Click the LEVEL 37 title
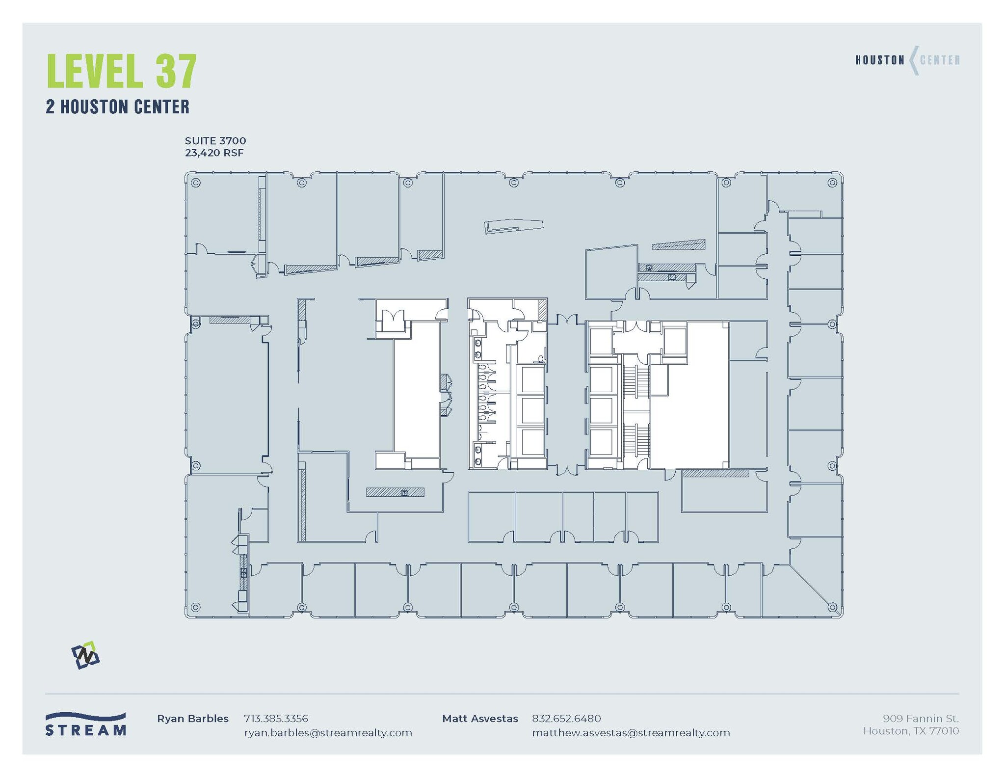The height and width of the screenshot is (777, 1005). coord(122,72)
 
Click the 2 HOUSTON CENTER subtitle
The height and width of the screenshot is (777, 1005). coord(117,107)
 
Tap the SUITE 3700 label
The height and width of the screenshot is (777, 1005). coord(215,141)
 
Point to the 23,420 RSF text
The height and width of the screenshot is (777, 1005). coord(214,153)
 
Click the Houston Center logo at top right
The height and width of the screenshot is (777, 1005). coord(907,60)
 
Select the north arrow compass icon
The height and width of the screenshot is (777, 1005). coord(85,655)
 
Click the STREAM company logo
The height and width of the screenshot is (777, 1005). coord(85,724)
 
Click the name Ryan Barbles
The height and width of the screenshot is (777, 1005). coord(193,719)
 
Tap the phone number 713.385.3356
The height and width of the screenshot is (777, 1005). coord(276,719)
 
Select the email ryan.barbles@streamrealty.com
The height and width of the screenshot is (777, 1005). coord(328,733)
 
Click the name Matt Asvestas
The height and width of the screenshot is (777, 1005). coord(480,719)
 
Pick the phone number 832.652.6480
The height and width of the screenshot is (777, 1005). coord(566,719)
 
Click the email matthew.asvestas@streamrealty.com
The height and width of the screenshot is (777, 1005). coord(631,733)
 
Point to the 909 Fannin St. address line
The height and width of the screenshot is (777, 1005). coord(921,719)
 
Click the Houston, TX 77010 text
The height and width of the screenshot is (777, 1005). coord(911,731)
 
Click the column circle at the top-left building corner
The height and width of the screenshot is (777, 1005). coord(195,183)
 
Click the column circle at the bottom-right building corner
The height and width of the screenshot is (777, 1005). coord(832,607)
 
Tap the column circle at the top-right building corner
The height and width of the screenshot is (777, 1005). coord(832,183)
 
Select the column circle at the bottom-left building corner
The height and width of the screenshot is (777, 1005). coord(195,607)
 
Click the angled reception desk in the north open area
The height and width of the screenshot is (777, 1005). coord(514,226)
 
